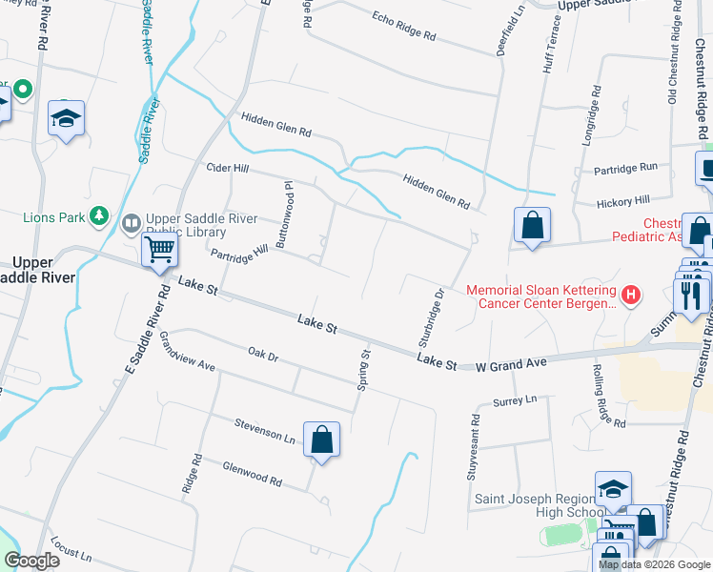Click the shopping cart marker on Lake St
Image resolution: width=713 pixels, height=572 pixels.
point(159,250)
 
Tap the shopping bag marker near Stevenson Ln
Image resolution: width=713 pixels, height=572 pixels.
point(322,439)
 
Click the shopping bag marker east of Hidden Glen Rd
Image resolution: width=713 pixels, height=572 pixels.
point(533,226)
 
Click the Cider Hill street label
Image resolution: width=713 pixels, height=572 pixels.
point(227,168)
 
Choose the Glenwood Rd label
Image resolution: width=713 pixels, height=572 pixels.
point(252,475)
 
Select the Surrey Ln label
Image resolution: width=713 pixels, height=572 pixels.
point(516,401)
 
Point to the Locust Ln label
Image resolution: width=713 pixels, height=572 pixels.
point(72,551)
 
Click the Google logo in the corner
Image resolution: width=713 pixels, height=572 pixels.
point(31,561)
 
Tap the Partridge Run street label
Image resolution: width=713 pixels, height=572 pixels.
point(625,167)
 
